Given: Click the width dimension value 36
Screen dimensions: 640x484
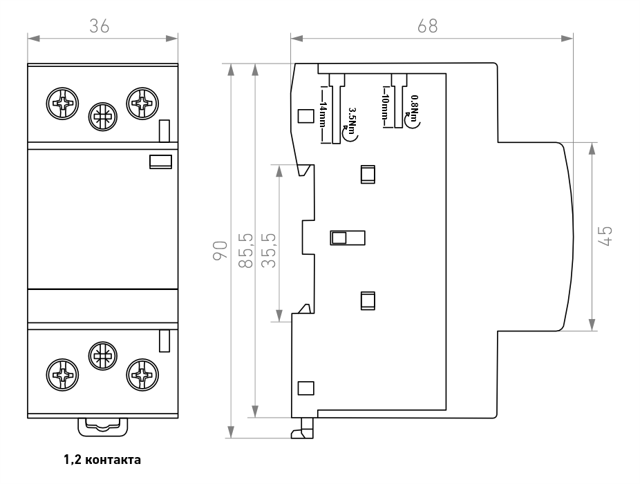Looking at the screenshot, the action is coord(100,26).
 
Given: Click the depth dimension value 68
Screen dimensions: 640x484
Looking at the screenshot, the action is coord(427,26).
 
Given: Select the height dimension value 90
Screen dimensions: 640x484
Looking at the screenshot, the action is coord(220,251).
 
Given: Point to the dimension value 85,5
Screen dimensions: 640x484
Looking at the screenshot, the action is coord(246,251).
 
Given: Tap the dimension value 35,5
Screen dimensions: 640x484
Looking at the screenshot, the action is coord(269,251).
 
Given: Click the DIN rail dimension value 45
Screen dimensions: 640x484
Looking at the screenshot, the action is coord(605,237).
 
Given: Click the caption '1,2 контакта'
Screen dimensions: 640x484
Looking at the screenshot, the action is coord(102,460).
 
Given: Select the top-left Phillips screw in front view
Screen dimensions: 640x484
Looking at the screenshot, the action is coord(62,104).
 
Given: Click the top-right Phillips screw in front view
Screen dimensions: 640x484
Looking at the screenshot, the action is coord(142,104).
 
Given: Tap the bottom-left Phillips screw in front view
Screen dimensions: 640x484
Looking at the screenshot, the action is coord(62,375).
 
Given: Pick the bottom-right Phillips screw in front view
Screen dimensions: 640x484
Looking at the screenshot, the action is coord(142,375).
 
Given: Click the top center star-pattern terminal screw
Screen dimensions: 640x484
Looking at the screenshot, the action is coord(103,117).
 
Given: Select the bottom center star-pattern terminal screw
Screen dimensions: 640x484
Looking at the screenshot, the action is coord(103,356).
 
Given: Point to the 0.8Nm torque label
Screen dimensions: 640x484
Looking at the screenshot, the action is coord(414,108).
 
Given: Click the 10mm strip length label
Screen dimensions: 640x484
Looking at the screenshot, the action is coord(385,107).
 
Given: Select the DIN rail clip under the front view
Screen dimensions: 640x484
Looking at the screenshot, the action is coord(103,427).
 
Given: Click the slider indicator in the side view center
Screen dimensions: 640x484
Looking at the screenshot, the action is coord(348,238).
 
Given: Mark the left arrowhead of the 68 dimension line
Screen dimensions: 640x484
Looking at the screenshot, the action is coord(297,39).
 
